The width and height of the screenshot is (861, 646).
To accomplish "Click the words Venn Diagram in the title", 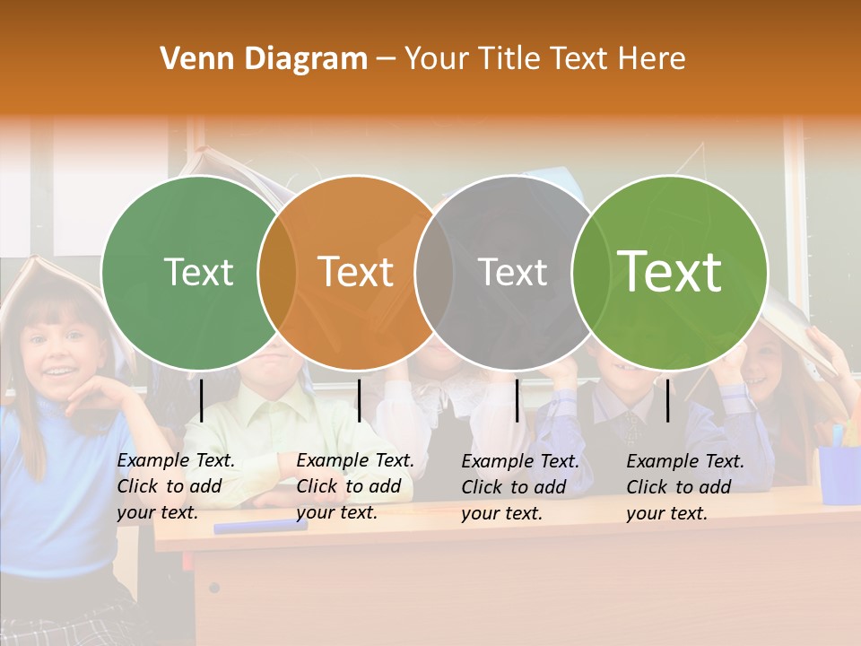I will [x=264, y=59].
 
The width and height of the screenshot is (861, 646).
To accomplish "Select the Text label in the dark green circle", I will [x=198, y=273].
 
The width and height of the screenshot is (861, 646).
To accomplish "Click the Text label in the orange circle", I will [x=355, y=273].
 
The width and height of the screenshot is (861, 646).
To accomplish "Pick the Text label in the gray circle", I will [x=512, y=273].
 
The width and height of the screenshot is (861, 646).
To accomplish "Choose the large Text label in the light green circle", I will [x=669, y=272].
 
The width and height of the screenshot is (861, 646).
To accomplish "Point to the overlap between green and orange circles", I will [x=277, y=273].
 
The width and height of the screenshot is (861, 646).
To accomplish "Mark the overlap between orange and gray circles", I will [x=434, y=273].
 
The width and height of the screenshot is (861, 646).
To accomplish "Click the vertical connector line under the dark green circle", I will [x=202, y=400].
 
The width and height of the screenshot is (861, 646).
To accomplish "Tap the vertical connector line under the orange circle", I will [x=359, y=400].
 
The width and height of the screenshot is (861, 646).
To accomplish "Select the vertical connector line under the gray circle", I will [x=517, y=400].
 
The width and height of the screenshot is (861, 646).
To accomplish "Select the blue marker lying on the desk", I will [x=260, y=526].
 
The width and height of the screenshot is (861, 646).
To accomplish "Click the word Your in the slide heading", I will [x=437, y=59].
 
